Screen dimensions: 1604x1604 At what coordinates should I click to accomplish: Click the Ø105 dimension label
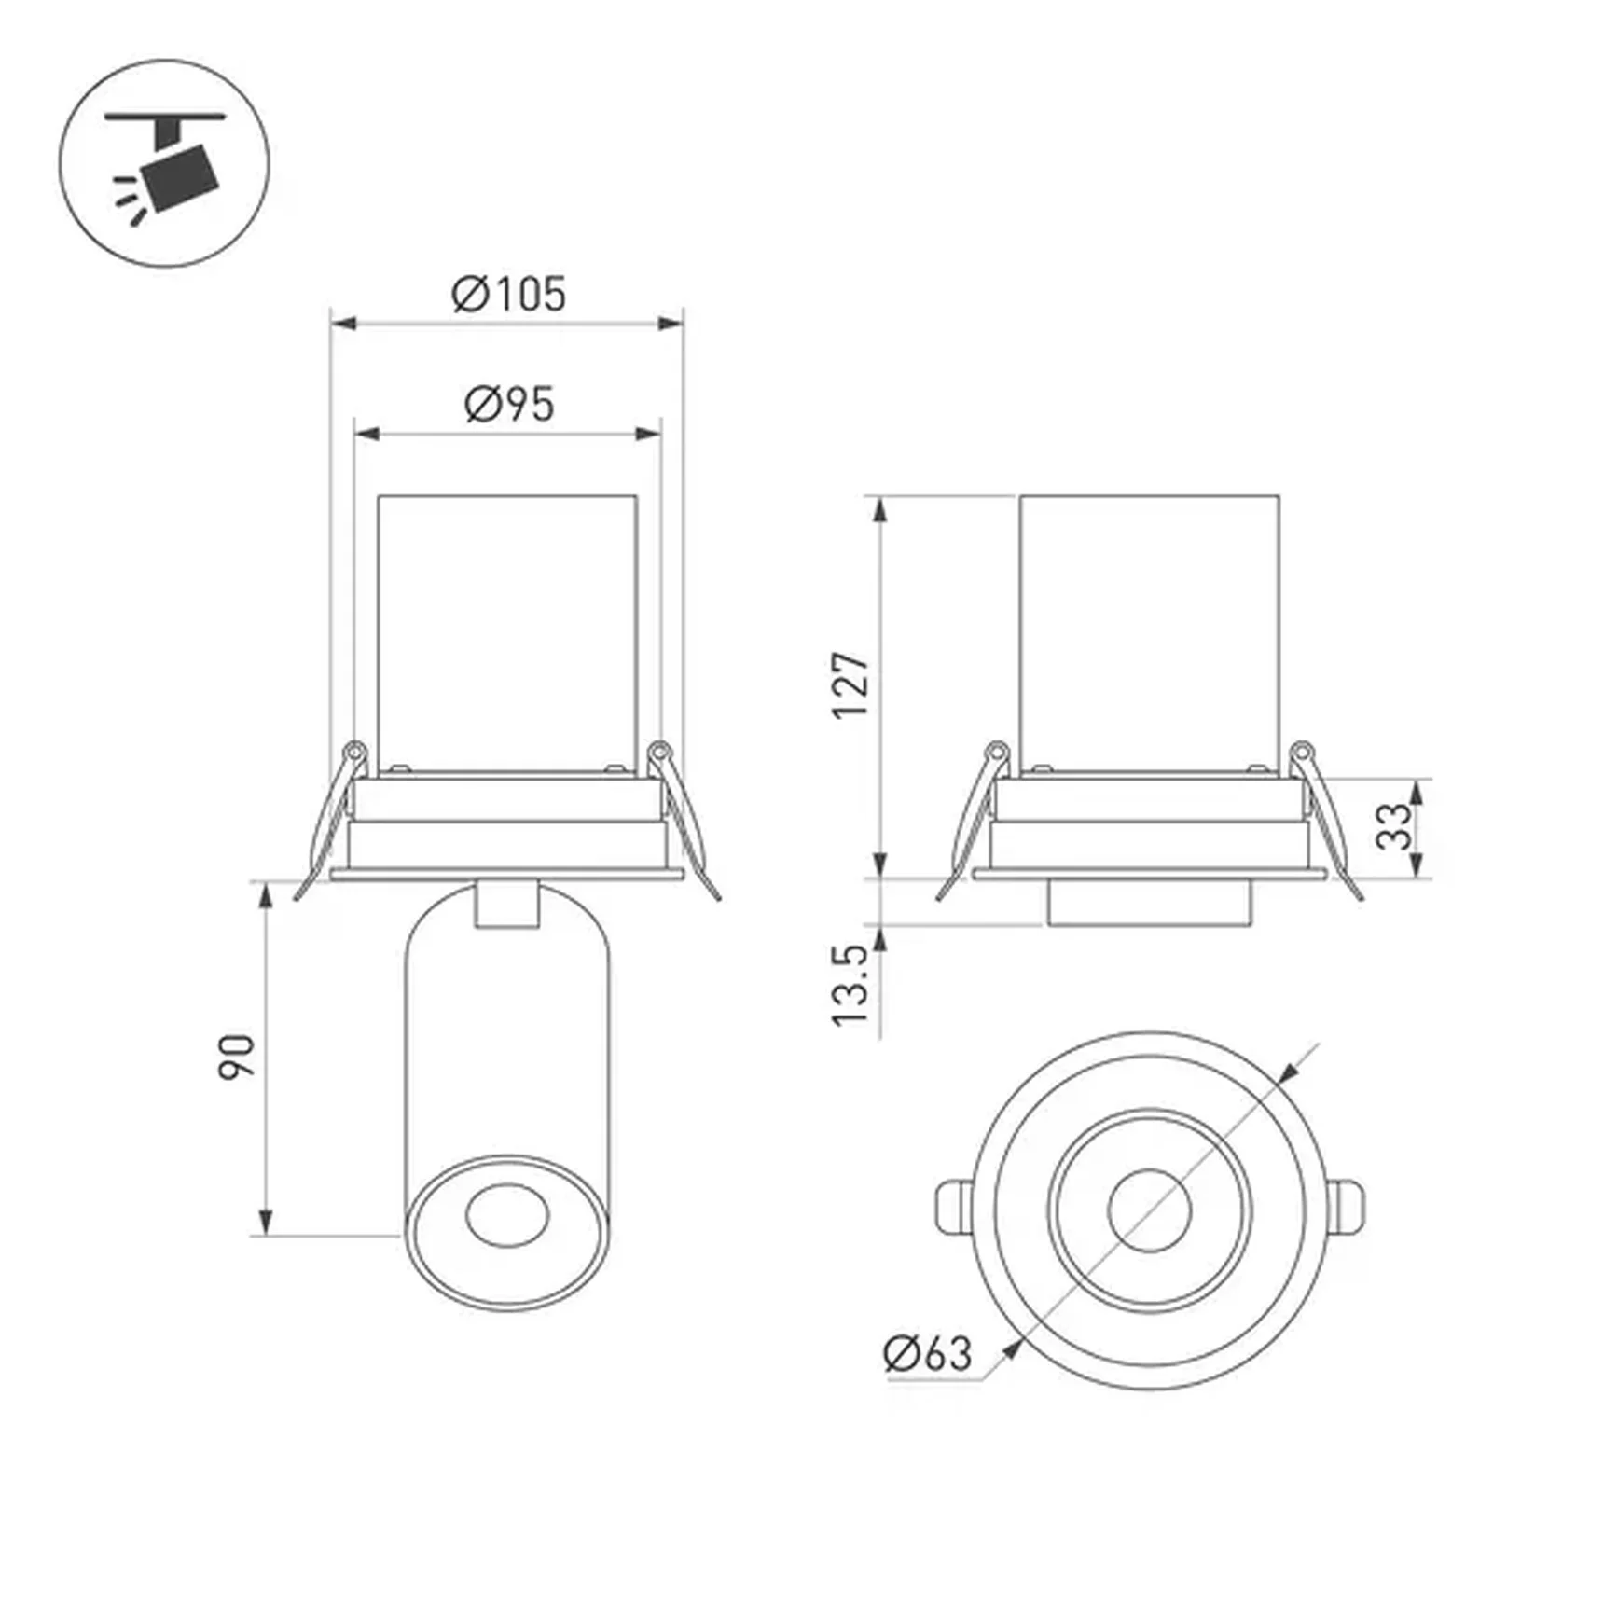(509, 294)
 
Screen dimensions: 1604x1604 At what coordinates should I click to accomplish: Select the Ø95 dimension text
(509, 404)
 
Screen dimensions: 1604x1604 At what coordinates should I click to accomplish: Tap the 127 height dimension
(850, 685)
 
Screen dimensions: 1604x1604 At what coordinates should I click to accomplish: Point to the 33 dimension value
(1394, 826)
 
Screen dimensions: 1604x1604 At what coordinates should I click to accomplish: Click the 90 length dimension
(236, 1057)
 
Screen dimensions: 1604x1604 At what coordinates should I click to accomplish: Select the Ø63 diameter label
(927, 1353)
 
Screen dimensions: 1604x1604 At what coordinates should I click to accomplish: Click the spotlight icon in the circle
(165, 164)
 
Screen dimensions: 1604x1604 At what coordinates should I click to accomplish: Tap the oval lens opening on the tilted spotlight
(506, 1216)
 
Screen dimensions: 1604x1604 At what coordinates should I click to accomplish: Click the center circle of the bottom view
(1150, 1210)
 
